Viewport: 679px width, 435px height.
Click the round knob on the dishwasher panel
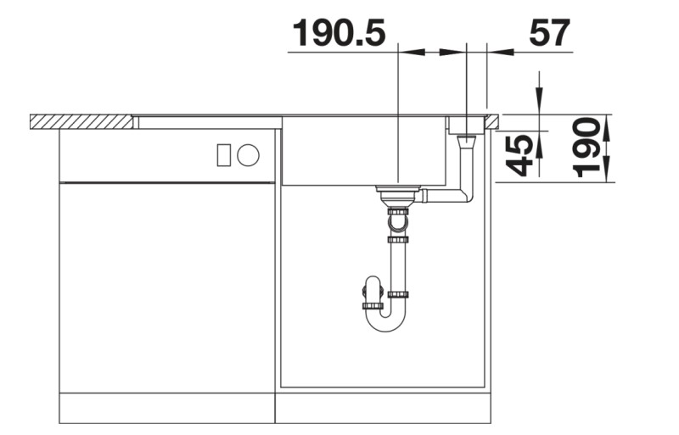(x=248, y=154)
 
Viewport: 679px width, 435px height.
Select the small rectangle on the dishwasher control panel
(x=224, y=154)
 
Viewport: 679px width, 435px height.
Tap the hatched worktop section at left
(x=81, y=122)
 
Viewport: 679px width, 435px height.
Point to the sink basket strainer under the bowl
(x=396, y=196)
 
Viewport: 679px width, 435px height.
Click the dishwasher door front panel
(x=167, y=288)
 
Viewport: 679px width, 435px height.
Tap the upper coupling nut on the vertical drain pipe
(x=397, y=240)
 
